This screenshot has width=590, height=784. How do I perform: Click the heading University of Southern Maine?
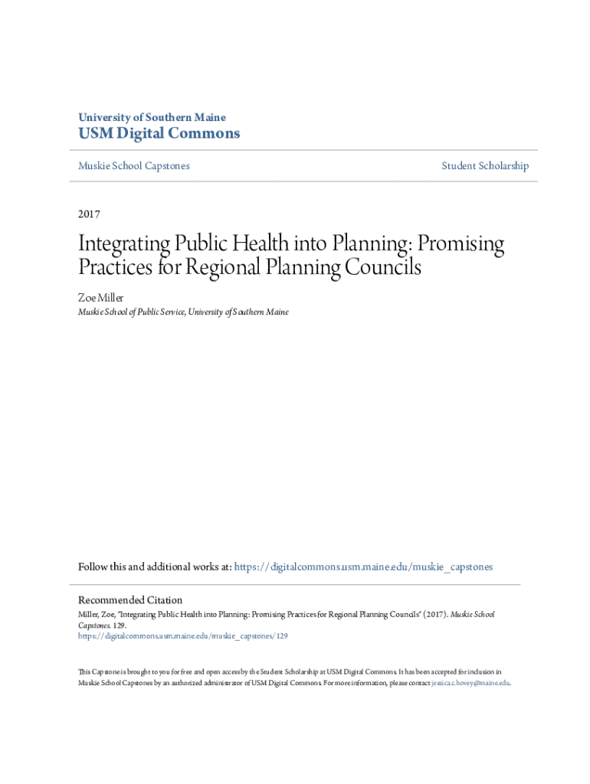coord(152,118)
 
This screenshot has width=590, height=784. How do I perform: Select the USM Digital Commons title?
coord(159,134)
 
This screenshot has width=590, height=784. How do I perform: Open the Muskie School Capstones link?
coord(133,166)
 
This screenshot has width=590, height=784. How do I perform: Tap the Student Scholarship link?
coord(484,166)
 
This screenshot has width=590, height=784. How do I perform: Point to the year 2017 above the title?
coord(89,214)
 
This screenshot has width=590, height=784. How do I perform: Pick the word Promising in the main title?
coord(459,244)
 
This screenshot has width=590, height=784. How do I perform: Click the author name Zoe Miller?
coord(100,297)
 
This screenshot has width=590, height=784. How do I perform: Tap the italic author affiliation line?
coord(183,312)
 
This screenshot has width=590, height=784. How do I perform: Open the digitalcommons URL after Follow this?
coord(363,567)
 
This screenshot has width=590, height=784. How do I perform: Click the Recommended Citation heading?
coord(130,600)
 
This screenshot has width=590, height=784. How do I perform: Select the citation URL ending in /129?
coord(183,635)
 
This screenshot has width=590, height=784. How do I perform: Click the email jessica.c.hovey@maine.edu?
coord(470,683)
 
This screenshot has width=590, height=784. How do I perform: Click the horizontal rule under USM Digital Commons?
coord(303,150)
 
